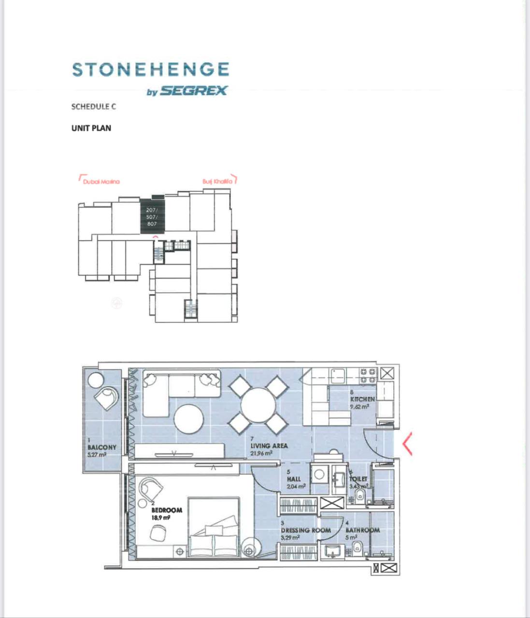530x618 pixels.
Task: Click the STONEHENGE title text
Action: (150, 70)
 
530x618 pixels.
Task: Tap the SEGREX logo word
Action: (193, 91)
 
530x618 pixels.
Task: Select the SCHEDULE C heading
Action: (93, 107)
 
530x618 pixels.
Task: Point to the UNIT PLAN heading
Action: (91, 128)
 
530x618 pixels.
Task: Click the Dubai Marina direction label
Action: (101, 182)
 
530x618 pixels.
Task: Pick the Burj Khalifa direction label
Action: (217, 182)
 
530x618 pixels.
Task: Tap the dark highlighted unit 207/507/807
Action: (152, 217)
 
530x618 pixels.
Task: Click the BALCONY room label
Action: (101, 448)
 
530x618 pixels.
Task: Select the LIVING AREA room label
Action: (269, 446)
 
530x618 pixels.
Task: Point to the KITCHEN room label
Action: (362, 400)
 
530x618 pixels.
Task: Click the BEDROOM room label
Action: (167, 510)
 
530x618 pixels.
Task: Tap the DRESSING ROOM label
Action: (306, 530)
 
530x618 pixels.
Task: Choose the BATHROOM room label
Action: (362, 530)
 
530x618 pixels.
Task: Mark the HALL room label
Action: (293, 479)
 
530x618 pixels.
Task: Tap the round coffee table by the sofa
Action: (189, 419)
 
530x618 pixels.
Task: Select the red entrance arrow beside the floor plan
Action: (407, 444)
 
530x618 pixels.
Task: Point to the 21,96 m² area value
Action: (261, 453)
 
